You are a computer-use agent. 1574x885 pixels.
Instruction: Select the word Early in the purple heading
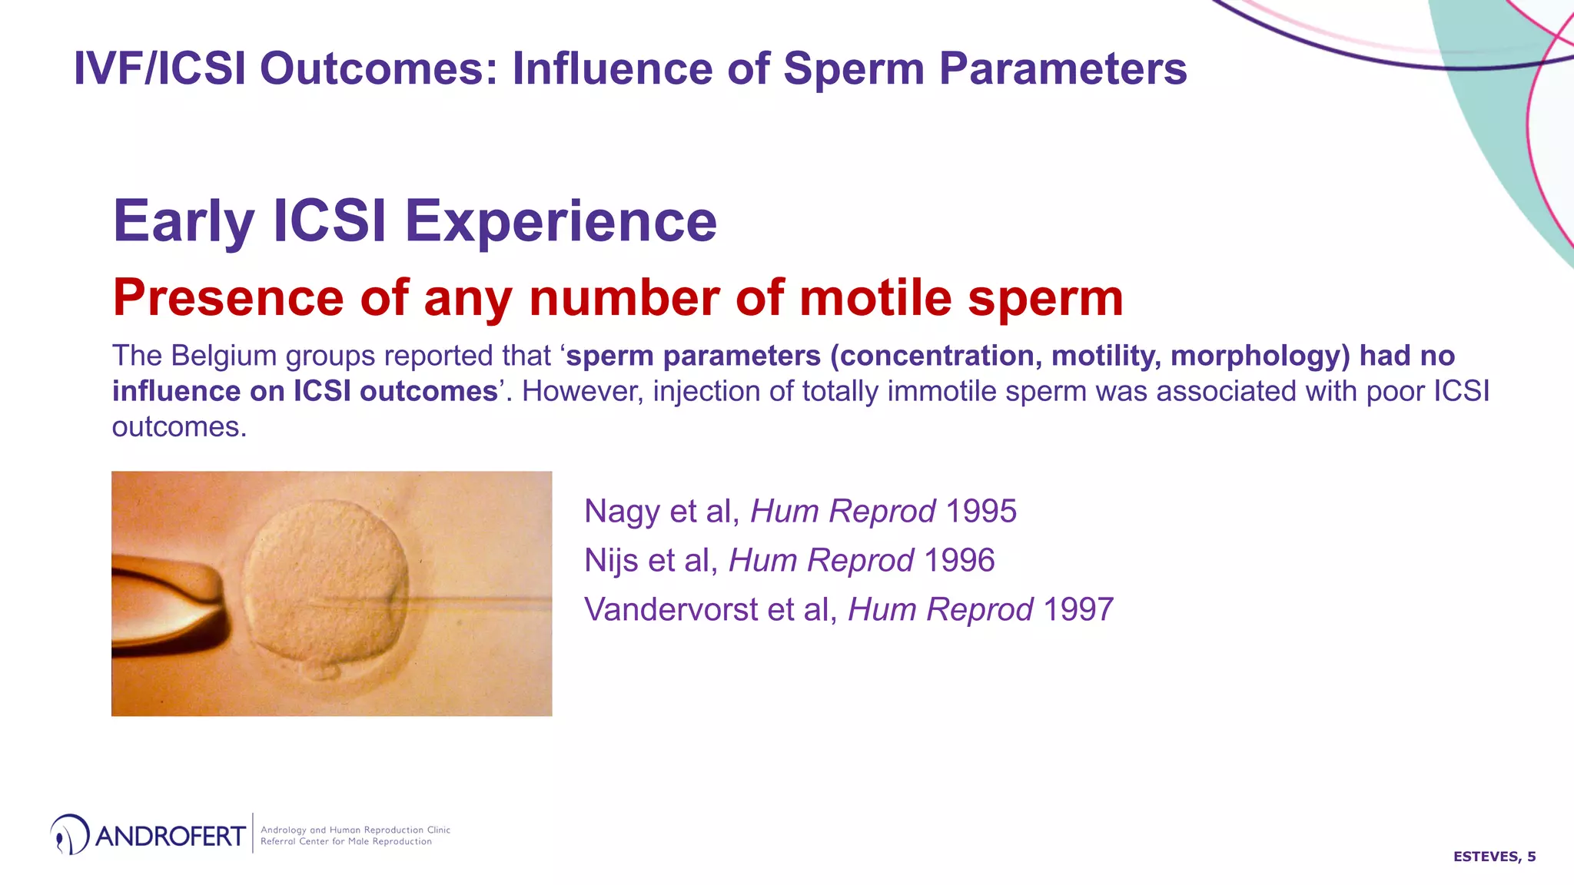[x=183, y=222]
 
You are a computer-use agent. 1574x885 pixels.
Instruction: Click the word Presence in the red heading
[x=227, y=298]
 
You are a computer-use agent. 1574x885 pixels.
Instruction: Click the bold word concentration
[x=935, y=356]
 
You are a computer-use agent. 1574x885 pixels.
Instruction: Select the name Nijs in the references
[x=611, y=561]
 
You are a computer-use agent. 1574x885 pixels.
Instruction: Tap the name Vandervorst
[x=670, y=610]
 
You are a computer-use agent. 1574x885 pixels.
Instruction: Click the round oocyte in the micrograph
[x=326, y=584]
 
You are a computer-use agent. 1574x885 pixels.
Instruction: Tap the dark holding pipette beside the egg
[x=165, y=607]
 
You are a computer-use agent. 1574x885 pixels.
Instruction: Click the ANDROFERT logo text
[x=170, y=836]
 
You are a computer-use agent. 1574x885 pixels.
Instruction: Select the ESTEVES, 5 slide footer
[x=1493, y=857]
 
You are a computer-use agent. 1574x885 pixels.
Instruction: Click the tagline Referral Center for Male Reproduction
[x=346, y=842]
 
